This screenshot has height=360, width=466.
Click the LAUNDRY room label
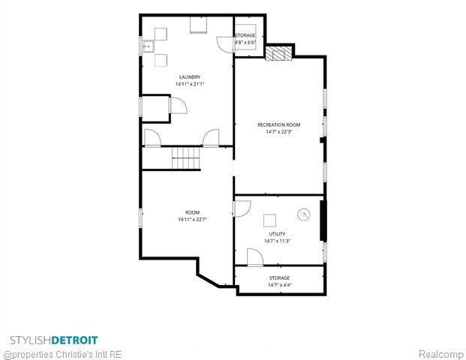pyautogui.click(x=190, y=77)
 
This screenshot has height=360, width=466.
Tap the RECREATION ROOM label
pyautogui.click(x=278, y=124)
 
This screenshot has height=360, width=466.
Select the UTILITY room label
pyautogui.click(x=277, y=234)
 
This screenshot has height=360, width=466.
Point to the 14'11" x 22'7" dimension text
pyautogui.click(x=192, y=220)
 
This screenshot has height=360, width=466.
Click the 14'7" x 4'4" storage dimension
pyautogui.click(x=280, y=285)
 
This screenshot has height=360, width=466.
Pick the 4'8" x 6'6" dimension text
pyautogui.click(x=245, y=43)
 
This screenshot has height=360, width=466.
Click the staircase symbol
pyautogui.click(x=185, y=158)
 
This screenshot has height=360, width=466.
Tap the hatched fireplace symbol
pyautogui.click(x=278, y=54)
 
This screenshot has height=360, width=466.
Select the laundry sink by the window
pyautogui.click(x=148, y=46)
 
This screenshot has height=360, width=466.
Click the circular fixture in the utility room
pyautogui.click(x=304, y=214)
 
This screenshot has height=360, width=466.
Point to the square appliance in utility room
pyautogui.click(x=269, y=220)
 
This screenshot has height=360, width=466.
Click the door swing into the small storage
pyautogui.click(x=225, y=45)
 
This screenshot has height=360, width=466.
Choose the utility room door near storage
pyautogui.click(x=255, y=257)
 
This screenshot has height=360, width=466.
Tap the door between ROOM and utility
pyautogui.click(x=242, y=208)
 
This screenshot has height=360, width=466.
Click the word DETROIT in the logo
pyautogui.click(x=74, y=340)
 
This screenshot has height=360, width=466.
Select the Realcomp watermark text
pyautogui.click(x=440, y=354)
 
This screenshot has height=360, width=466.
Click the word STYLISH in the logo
pyautogui.click(x=31, y=340)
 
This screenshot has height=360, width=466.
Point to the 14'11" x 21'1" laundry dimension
pyautogui.click(x=190, y=84)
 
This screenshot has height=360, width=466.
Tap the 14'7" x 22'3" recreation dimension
pyautogui.click(x=278, y=132)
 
